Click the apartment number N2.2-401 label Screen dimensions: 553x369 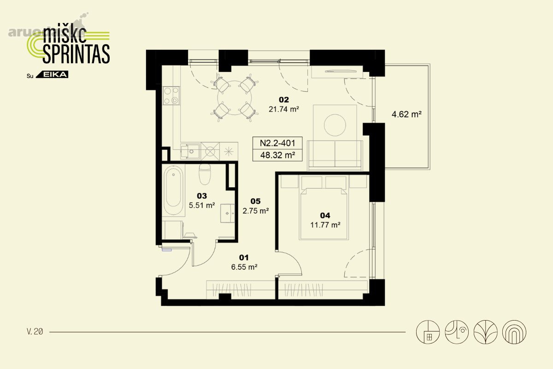(x=277, y=143)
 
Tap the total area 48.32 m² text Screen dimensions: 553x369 (x=278, y=155)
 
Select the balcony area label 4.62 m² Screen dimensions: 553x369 (x=406, y=114)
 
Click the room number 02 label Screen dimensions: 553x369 (x=284, y=100)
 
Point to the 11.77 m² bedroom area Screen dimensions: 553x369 (x=325, y=225)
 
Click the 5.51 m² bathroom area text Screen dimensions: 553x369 (x=202, y=205)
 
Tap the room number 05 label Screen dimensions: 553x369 (x=255, y=201)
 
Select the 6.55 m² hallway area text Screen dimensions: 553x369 (x=244, y=267)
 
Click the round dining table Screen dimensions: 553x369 (x=235, y=98)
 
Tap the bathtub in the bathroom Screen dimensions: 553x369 (x=173, y=190)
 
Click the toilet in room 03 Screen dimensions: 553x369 (x=205, y=174)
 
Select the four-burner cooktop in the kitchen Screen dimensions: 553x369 (x=171, y=95)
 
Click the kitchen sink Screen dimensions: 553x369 (x=190, y=151)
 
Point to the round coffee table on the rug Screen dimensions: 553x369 (x=335, y=125)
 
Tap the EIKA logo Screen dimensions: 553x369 (x=52, y=74)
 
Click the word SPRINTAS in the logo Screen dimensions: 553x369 (x=76, y=54)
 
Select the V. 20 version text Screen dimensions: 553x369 (x=35, y=332)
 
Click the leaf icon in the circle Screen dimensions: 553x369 (x=485, y=332)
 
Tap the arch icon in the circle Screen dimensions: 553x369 (x=514, y=332)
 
